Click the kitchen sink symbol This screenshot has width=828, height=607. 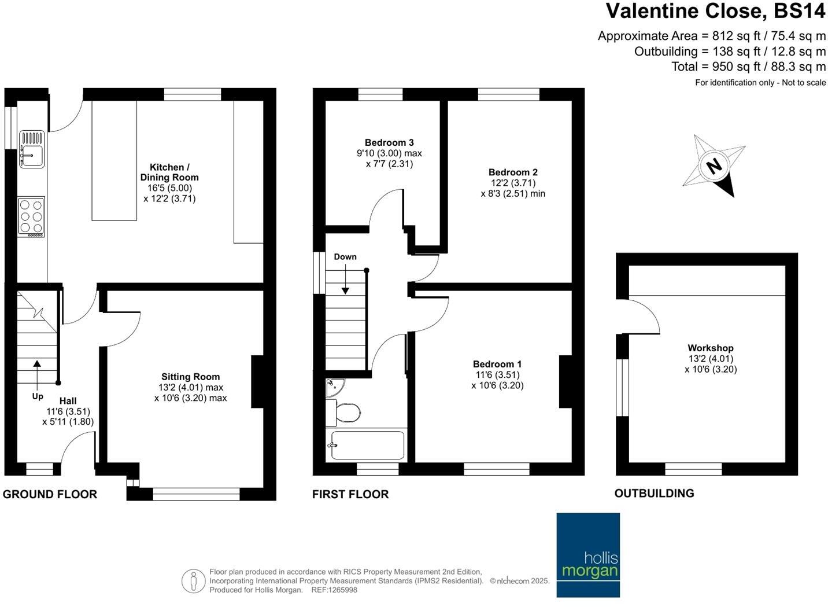coord(32,149)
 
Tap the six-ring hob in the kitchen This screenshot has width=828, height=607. coord(32,217)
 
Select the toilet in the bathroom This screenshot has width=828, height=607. coord(345,413)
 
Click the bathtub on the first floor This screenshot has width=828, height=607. coord(367,446)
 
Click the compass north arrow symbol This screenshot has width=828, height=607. coord(714,166)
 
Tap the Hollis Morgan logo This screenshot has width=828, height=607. coord(588,555)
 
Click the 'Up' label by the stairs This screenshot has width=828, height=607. coord(38,396)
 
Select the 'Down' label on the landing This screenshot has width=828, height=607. coord(345,256)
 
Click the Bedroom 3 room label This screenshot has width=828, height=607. coord(389,142)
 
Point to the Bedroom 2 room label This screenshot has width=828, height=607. coord(513,172)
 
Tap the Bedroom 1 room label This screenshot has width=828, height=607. coord(497,364)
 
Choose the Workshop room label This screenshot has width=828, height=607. coord(710,348)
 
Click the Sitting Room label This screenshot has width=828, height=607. coord(190,376)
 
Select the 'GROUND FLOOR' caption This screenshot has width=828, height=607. coord(50,494)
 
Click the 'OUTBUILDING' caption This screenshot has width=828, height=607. coord(654,493)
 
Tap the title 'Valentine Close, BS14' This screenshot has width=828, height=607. coord(716,12)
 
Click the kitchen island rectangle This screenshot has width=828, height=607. coord(114,161)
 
